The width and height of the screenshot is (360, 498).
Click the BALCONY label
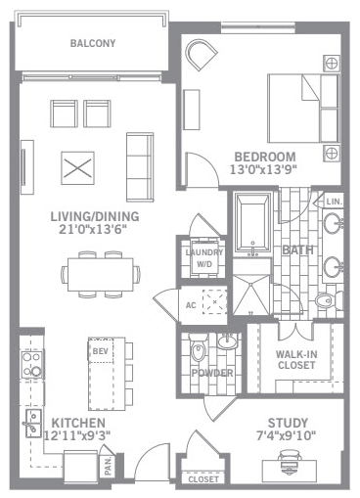[93, 43]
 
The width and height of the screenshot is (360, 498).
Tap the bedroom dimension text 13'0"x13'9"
[264, 169]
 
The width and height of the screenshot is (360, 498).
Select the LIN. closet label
[334, 202]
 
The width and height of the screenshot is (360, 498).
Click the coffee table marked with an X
[77, 168]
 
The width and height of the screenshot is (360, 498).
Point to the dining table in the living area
[101, 274]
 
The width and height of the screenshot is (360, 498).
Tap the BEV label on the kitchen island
[101, 351]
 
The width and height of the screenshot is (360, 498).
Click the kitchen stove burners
[32, 364]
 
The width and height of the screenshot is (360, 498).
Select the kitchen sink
[33, 424]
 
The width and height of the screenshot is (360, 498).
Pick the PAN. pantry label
[109, 466]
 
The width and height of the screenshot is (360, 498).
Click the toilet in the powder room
[198, 348]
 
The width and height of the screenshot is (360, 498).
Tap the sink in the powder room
[227, 341]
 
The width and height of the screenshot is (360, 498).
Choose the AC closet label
[191, 305]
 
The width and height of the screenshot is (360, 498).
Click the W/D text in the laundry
[204, 264]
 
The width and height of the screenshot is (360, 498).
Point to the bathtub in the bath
[252, 223]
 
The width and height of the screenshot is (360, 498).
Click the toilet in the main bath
[328, 300]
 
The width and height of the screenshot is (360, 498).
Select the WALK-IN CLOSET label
[296, 359]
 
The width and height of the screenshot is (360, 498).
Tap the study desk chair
[290, 460]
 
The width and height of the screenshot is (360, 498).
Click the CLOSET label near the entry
[203, 479]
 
